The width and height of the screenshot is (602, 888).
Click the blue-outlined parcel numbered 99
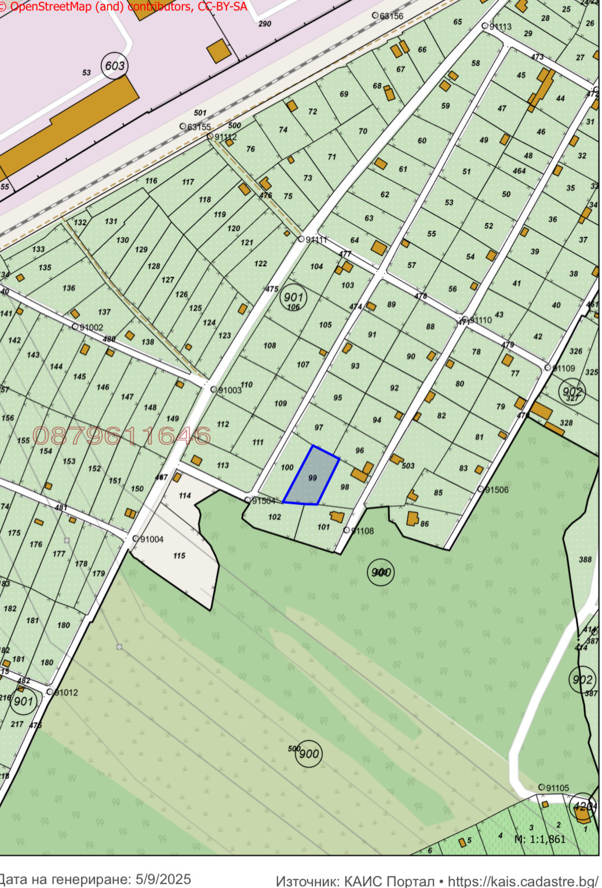[311, 476]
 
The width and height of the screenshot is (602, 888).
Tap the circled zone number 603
[114, 66]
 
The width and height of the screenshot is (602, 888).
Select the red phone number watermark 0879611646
[122, 436]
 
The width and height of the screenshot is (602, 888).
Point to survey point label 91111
[316, 240]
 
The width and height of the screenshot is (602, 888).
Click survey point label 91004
[151, 540]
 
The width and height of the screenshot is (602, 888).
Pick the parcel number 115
[179, 556]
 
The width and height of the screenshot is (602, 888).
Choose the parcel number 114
[185, 496]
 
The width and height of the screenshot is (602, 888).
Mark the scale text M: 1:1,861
[539, 839]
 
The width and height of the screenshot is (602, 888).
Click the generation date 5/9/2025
[163, 879]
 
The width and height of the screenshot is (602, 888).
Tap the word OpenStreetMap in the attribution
[50, 7]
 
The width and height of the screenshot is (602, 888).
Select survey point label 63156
[391, 16]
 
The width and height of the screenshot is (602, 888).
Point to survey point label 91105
[557, 788]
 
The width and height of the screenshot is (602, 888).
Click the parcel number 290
[265, 24]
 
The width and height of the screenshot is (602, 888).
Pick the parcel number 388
[585, 559]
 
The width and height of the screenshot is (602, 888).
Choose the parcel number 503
[408, 465]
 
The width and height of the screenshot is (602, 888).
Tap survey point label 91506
[497, 490]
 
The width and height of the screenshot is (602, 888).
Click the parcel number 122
[261, 263]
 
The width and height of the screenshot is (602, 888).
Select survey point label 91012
[65, 692]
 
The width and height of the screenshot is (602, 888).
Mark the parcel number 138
[148, 342]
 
